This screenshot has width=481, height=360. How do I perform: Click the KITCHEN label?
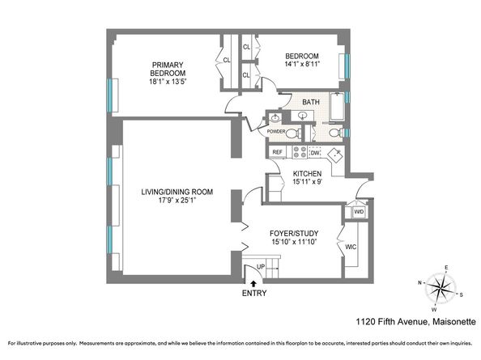pos(308,173)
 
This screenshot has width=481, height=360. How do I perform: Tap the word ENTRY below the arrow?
pos(255,293)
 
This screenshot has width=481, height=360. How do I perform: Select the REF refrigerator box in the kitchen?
pos(277,152)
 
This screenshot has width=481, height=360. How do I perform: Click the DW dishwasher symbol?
pos(315,152)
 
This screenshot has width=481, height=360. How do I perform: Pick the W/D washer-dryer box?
pos(359,212)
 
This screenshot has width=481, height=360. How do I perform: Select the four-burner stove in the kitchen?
pos(298,151)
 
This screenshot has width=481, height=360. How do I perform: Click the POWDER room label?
pos(276,131)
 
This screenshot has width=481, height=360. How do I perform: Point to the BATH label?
pos(311,103)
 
